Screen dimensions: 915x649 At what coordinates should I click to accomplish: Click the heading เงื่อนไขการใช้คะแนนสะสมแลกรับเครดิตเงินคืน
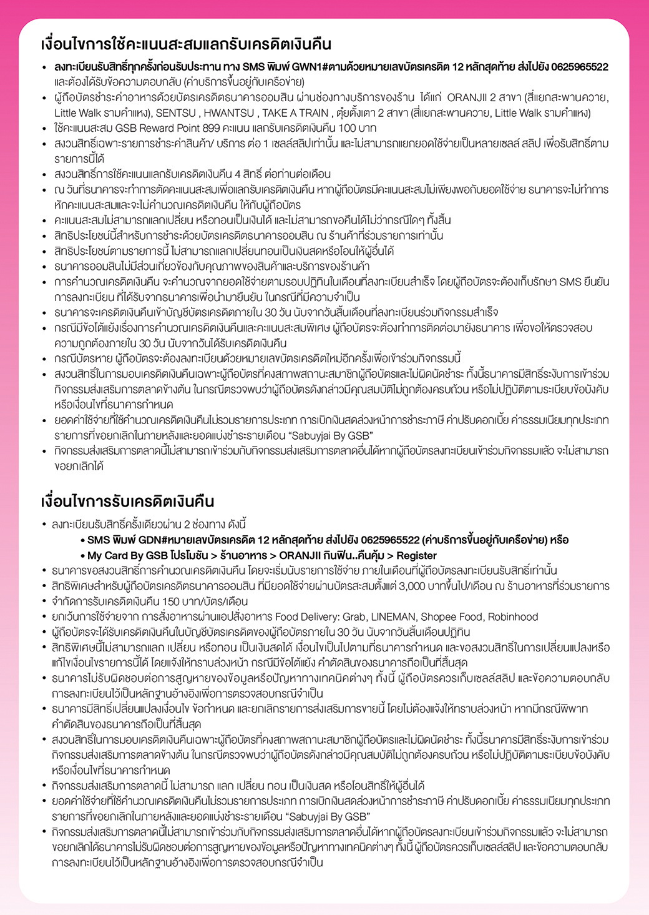pyautogui.click(x=186, y=44)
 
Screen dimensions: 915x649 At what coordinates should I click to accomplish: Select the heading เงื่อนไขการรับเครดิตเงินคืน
pyautogui.click(x=127, y=502)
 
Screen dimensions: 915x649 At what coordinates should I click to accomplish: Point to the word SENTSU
pyautogui.click(x=175, y=113)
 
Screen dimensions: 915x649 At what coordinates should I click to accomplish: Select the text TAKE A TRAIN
pyautogui.click(x=295, y=113)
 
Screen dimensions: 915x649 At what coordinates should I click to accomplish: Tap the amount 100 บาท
pyautogui.click(x=358, y=128)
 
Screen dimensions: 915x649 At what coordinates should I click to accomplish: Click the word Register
pyautogui.click(x=416, y=555)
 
